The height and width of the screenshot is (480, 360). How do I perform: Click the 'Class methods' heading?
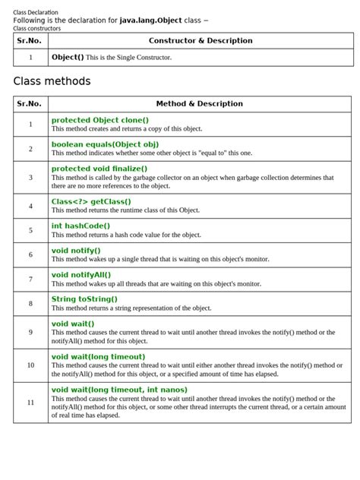(x=52, y=81)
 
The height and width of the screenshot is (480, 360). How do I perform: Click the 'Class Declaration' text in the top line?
(x=36, y=12)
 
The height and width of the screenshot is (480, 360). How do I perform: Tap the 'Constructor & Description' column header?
(x=201, y=40)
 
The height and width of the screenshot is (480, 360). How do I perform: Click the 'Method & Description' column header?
(x=199, y=103)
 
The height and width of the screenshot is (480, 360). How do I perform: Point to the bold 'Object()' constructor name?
(x=68, y=57)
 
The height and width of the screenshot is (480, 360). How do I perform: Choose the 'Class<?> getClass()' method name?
(x=86, y=201)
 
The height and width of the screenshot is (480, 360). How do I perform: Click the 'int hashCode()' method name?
(x=81, y=226)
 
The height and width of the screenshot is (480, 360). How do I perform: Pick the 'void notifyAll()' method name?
(x=81, y=274)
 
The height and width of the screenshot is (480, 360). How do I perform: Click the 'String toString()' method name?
(x=84, y=298)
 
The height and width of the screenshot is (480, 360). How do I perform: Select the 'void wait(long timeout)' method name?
(x=98, y=356)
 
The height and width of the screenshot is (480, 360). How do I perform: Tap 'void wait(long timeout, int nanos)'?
(x=119, y=390)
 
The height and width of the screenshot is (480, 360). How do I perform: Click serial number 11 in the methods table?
(x=30, y=403)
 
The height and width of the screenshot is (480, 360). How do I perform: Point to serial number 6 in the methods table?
(x=30, y=254)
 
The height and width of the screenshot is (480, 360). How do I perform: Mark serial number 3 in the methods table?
(x=30, y=177)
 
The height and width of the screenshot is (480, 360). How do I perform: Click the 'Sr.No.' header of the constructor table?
(x=30, y=40)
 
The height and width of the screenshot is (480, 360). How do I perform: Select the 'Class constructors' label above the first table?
(x=37, y=28)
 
